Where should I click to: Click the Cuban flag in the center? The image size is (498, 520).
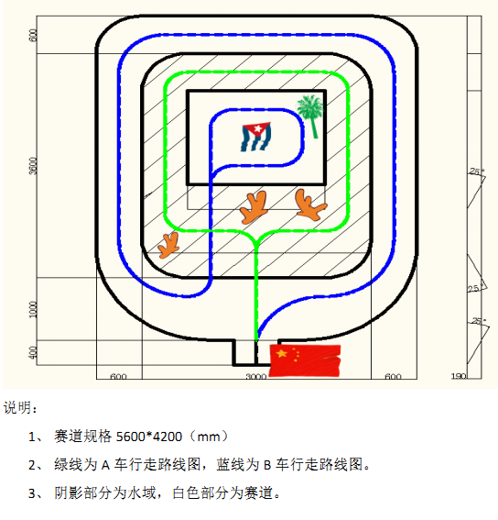click(256, 137)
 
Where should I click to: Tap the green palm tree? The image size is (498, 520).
click(310, 116)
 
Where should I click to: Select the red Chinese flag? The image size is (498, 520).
click(305, 360)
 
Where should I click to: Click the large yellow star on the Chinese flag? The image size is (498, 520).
click(282, 353)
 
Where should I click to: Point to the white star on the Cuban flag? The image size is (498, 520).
click(257, 128)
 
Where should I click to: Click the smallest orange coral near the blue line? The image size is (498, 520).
click(168, 245)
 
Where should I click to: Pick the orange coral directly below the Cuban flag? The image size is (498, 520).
click(254, 207)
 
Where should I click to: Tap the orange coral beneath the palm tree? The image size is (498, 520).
click(310, 205)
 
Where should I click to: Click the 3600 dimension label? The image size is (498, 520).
click(34, 166)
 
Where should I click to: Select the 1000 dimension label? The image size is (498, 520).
click(34, 309)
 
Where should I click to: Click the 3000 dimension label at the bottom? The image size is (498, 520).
click(256, 377)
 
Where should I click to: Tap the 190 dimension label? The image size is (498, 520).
click(459, 376)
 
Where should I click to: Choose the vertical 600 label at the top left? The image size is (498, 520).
click(33, 36)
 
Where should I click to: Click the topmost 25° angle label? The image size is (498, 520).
click(477, 171)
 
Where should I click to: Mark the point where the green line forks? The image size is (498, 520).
click(255, 241)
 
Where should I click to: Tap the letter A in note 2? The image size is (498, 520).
click(105, 465)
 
